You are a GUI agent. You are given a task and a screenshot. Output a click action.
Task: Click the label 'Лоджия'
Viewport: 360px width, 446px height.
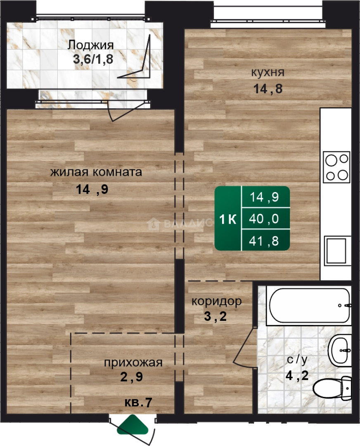(90, 45)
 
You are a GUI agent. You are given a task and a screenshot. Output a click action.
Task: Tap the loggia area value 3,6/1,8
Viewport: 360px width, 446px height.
(93, 59)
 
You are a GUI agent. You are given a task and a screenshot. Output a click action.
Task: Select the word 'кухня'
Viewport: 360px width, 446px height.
(268, 72)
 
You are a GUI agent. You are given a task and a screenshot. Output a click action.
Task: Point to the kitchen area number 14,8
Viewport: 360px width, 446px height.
(268, 89)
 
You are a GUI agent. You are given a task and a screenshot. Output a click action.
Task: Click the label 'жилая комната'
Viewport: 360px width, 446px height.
(96, 172)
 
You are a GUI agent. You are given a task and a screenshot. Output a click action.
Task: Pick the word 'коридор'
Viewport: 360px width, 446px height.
(217, 301)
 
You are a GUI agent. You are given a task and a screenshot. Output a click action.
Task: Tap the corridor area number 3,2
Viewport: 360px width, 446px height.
(216, 316)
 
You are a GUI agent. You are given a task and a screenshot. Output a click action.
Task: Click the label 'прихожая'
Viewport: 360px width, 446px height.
(133, 363)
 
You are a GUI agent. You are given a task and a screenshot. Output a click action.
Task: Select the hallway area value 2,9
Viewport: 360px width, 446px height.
(131, 377)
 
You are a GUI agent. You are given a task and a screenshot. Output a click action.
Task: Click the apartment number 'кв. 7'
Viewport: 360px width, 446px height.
(138, 403)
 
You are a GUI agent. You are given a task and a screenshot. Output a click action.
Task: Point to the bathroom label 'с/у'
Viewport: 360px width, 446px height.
(297, 360)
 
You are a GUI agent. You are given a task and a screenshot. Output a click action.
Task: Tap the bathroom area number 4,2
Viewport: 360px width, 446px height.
(297, 376)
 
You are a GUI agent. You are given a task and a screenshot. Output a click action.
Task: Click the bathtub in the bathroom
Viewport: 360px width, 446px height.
(309, 306)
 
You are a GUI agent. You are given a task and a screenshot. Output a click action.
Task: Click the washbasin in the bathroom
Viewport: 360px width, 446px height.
(340, 351)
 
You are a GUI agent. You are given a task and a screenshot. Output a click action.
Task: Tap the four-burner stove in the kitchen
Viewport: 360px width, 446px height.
(337, 167)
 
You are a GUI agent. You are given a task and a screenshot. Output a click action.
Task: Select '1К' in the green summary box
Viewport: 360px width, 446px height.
(228, 219)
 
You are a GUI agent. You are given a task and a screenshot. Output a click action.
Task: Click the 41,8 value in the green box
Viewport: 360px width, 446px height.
(264, 241)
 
